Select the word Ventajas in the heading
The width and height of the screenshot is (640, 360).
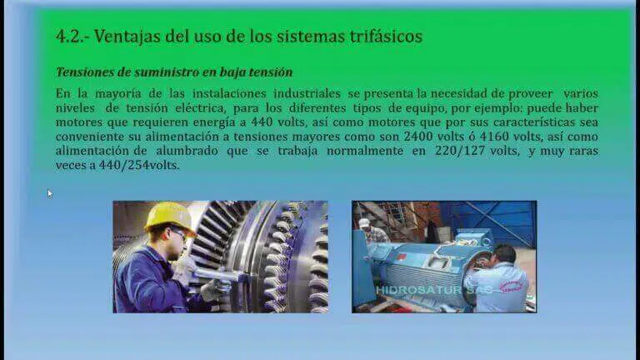127,36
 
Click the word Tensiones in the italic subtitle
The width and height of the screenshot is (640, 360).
86,72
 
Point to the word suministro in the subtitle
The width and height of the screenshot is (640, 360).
180,72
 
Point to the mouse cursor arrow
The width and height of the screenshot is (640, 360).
49,192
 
